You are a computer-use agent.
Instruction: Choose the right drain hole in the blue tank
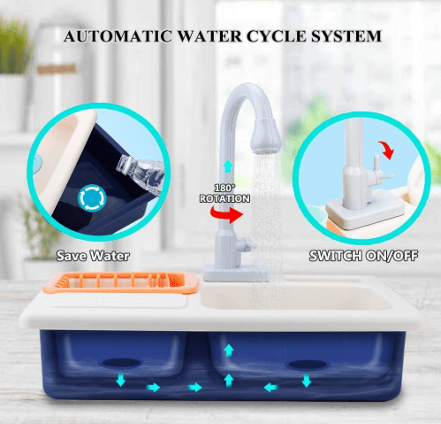[x=303, y=364]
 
